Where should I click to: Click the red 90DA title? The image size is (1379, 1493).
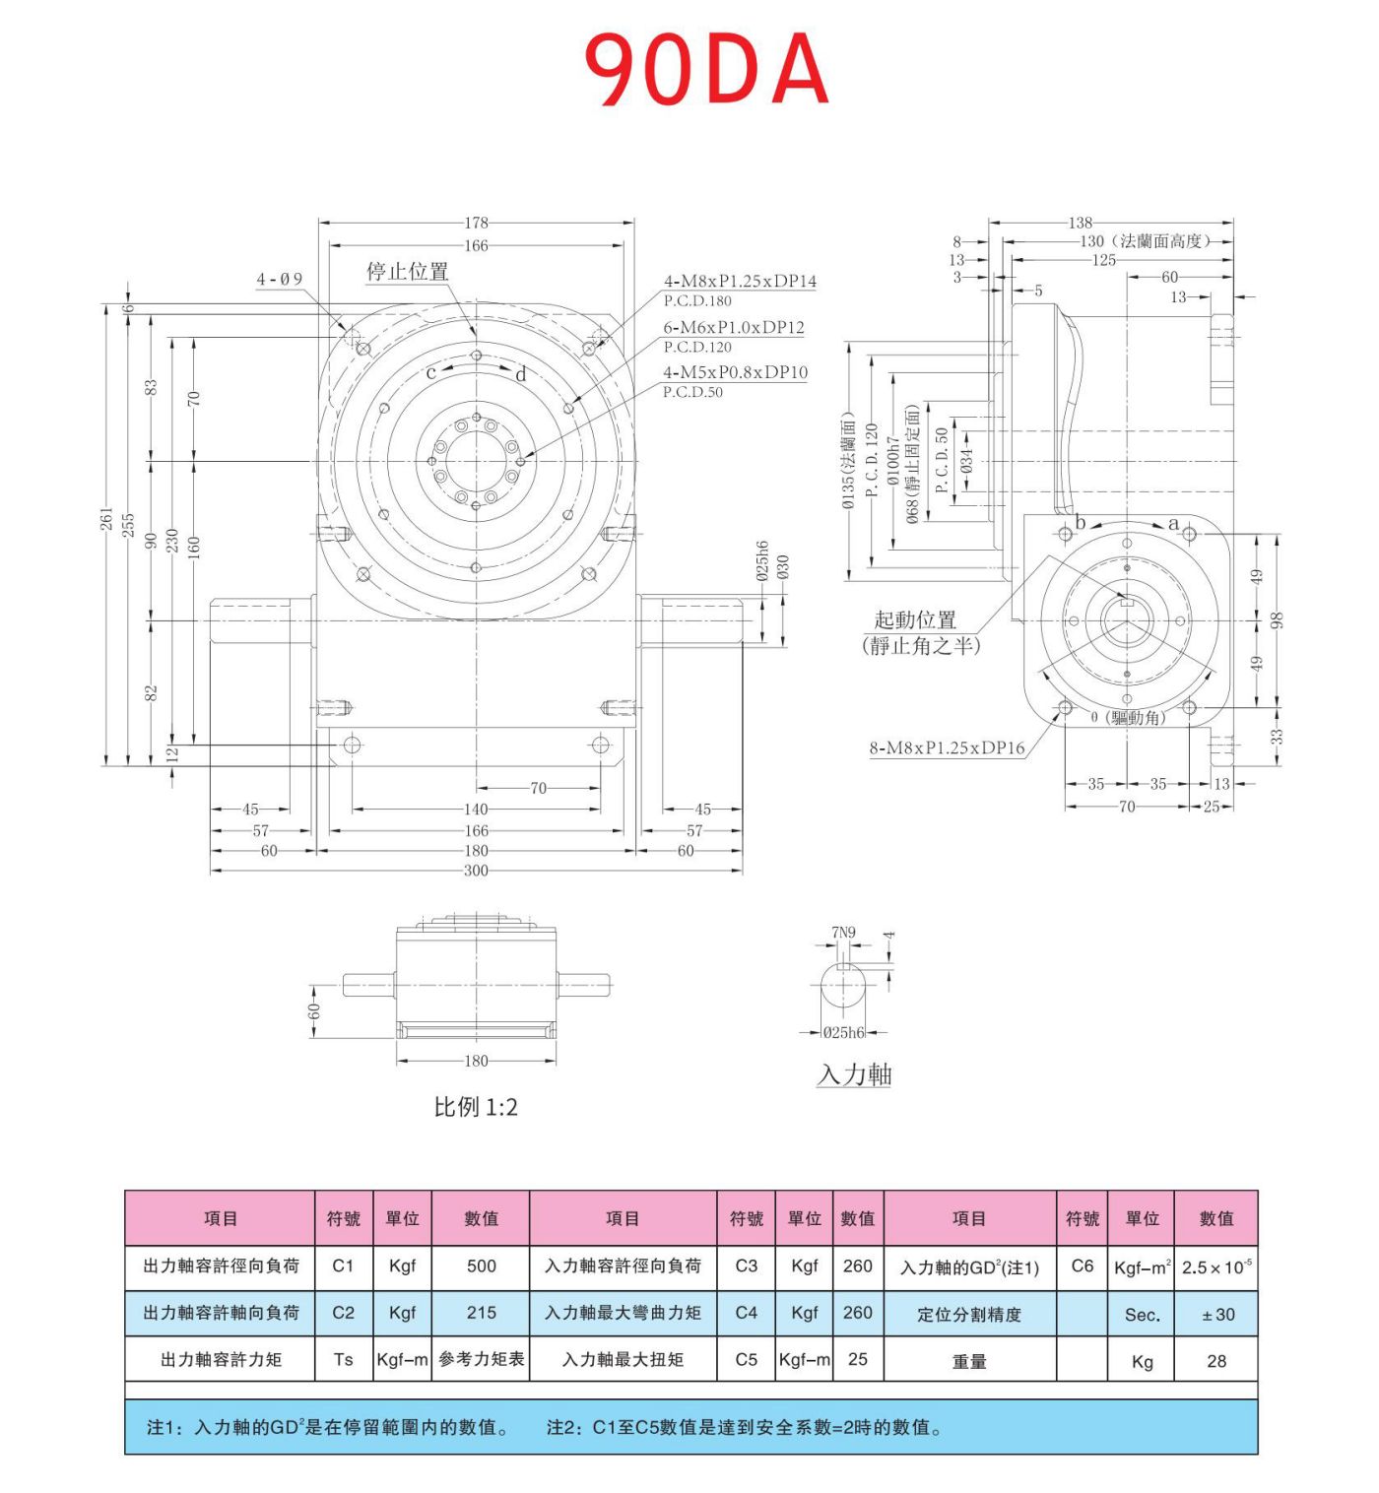(705, 69)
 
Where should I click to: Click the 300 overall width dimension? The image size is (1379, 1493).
(476, 872)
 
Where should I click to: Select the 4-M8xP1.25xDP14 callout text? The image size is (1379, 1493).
(740, 282)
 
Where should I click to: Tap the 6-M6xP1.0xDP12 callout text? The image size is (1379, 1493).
(734, 327)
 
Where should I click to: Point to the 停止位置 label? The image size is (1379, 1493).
(408, 272)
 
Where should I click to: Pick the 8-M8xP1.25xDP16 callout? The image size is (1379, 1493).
(947, 748)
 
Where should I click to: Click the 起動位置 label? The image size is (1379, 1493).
(915, 620)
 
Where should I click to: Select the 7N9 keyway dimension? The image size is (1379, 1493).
(843, 932)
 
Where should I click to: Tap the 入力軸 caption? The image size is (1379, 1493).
(854, 1074)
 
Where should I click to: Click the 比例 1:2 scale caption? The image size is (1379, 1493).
(476, 1107)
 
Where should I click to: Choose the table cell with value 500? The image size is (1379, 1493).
(481, 1266)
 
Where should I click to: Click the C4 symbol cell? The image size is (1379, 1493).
(746, 1313)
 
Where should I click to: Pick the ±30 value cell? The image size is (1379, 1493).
(1217, 1315)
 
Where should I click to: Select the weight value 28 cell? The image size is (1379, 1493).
(1216, 1361)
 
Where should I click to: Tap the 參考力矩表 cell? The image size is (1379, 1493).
(481, 1360)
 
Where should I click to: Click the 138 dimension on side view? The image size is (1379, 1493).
(1081, 223)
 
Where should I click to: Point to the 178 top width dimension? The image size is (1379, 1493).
(476, 223)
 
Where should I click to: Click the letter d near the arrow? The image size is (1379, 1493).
(521, 374)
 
